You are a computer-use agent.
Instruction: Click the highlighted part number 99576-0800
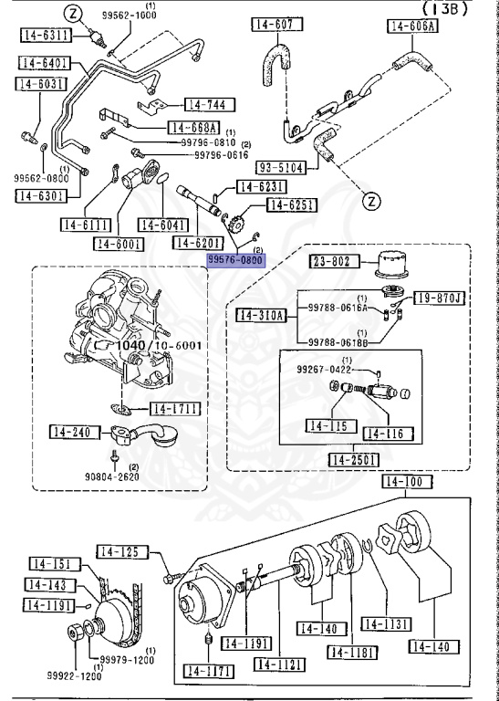click(234, 260)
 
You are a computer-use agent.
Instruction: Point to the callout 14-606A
click(412, 26)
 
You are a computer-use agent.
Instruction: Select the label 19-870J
click(441, 298)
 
